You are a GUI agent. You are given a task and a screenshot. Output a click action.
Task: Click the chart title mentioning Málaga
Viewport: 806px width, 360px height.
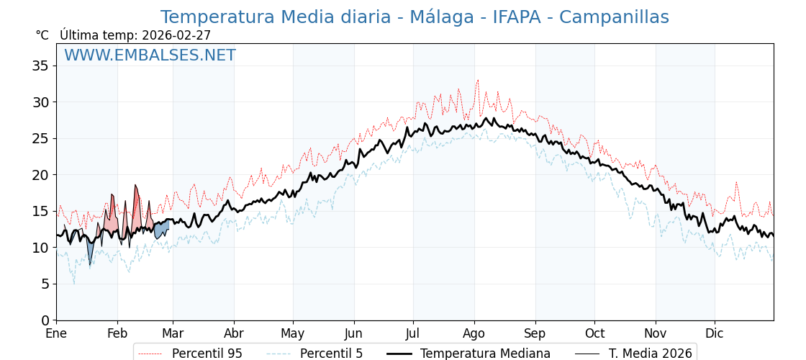(x=414, y=17)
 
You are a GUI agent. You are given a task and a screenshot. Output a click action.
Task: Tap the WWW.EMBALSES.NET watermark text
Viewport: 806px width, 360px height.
(x=150, y=55)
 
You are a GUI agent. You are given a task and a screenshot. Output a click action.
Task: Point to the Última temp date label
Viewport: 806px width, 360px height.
(x=135, y=35)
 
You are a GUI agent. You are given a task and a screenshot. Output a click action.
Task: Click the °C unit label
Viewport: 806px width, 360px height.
(x=42, y=35)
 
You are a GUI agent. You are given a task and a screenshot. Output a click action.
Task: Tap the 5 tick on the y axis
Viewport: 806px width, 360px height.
(x=45, y=284)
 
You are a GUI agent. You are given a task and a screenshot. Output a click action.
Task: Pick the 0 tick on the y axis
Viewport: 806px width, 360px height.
(x=45, y=320)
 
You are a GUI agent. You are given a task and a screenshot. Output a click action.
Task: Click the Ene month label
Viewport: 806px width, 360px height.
(x=56, y=334)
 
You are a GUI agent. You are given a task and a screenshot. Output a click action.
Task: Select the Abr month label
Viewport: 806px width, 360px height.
(x=234, y=334)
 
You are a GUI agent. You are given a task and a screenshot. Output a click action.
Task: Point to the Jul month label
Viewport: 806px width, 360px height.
(x=413, y=334)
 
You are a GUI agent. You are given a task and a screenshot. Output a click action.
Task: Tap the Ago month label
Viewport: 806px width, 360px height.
(x=474, y=334)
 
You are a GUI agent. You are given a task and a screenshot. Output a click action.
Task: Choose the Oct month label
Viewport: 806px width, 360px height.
(x=594, y=334)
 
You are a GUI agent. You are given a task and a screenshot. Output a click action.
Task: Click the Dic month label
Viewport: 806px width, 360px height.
(x=715, y=334)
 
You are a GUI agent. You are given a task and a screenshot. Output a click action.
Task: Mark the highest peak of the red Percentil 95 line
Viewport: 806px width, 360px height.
(x=477, y=80)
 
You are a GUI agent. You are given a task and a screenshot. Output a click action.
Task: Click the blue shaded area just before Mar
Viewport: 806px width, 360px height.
(x=161, y=230)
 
